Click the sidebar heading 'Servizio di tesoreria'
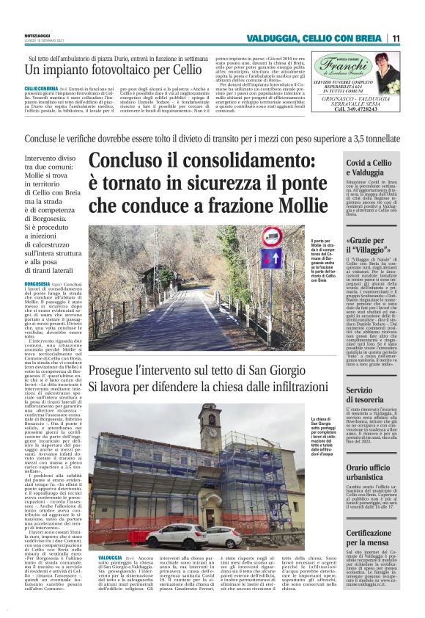pos(365,394)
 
